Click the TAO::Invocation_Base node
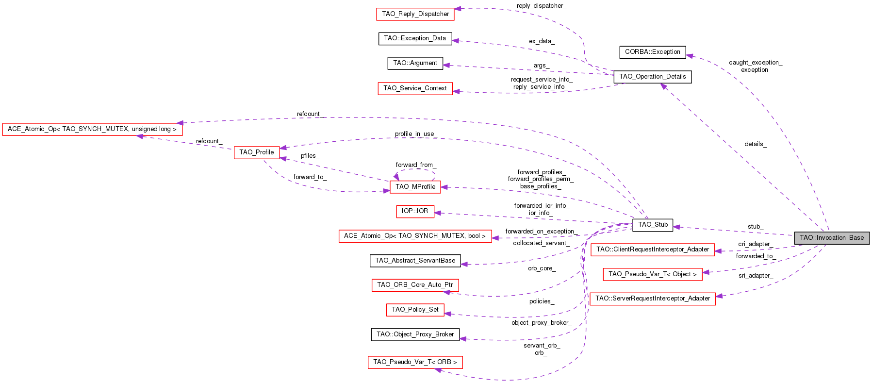(x=831, y=238)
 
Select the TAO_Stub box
(x=653, y=225)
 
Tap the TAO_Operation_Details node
(x=652, y=77)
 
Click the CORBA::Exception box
(x=652, y=52)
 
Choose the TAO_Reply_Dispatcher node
(x=415, y=14)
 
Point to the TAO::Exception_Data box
(x=415, y=38)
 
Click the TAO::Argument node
(x=415, y=63)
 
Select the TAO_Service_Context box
(x=415, y=88)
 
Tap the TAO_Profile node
(x=256, y=152)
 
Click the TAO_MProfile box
(x=415, y=187)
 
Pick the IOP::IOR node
(x=415, y=211)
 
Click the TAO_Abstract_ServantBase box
(x=415, y=261)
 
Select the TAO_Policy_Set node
(x=415, y=310)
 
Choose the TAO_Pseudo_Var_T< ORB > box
(x=415, y=362)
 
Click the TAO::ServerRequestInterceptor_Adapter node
(x=652, y=299)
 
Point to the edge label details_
(x=756, y=144)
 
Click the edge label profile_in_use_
(x=415, y=134)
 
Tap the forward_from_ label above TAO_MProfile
(x=416, y=165)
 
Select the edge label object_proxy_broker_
(x=541, y=323)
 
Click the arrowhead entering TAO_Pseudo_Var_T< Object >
(x=706, y=272)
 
